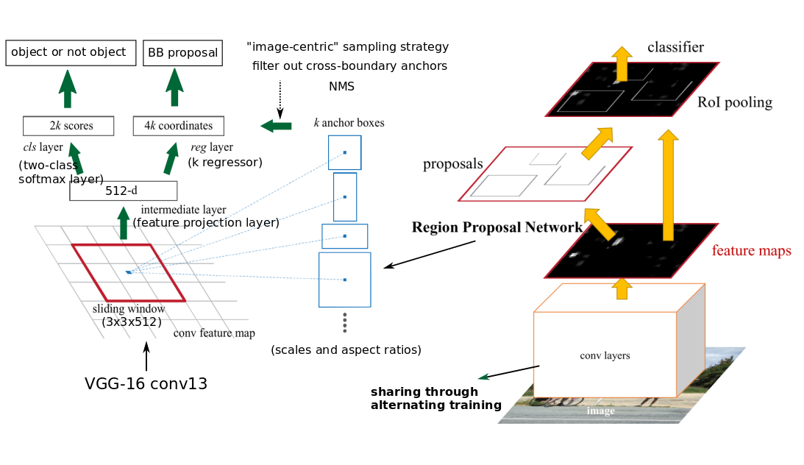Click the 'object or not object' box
pyautogui.click(x=71, y=53)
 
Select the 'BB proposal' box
pyautogui.click(x=182, y=53)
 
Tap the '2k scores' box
pyautogui.click(x=68, y=126)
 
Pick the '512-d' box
pyautogui.click(x=123, y=191)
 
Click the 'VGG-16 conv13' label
pyautogui.click(x=146, y=383)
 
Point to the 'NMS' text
pyautogui.click(x=341, y=86)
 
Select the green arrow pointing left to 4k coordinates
pyautogui.click(x=277, y=126)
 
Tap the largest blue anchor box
pyautogui.click(x=344, y=280)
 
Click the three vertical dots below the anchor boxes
pyautogui.click(x=344, y=322)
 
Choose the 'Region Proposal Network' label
pyautogui.click(x=497, y=227)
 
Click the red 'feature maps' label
pyautogui.click(x=751, y=251)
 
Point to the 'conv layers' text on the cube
pyautogui.click(x=605, y=355)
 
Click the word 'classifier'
pyautogui.click(x=675, y=48)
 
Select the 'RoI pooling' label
pyautogui.click(x=734, y=102)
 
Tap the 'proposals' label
pyautogui.click(x=452, y=164)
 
